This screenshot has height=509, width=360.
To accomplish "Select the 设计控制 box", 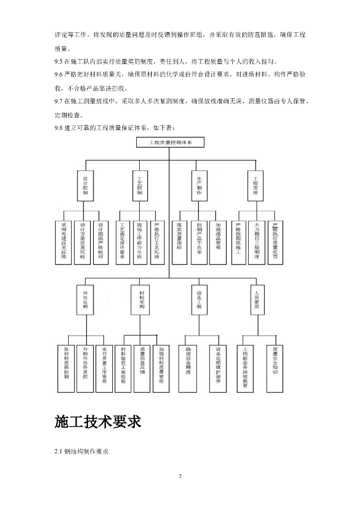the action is (x=85, y=185).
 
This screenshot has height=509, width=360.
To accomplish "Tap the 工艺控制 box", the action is (x=140, y=185).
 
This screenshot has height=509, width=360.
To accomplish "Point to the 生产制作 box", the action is (x=199, y=185).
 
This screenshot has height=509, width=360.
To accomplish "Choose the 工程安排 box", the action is (x=256, y=185).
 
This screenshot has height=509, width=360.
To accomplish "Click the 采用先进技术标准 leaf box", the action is (x=63, y=242).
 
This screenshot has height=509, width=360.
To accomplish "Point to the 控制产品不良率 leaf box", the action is (x=199, y=242).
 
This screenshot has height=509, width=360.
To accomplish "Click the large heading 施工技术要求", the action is (x=98, y=422).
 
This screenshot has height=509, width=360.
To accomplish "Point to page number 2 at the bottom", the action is (x=180, y=476).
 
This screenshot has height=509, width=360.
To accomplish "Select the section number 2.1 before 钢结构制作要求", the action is (x=59, y=452).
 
